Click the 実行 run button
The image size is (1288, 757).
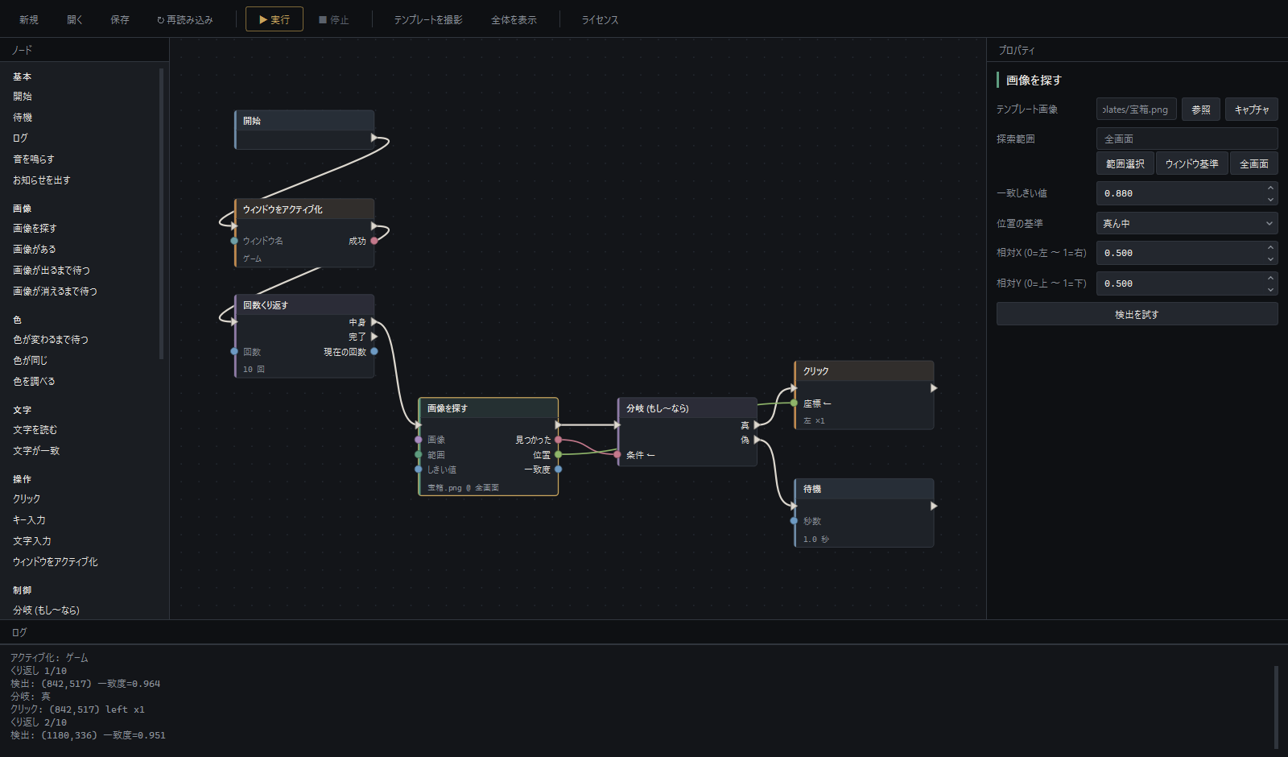[275, 19]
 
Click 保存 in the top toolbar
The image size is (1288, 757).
[120, 19]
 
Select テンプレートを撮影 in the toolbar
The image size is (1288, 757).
[427, 19]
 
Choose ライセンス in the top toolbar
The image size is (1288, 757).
[600, 19]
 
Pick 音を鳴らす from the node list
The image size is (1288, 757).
[34, 159]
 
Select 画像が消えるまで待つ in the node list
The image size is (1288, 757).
[56, 291]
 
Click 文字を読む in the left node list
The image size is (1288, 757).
[35, 430]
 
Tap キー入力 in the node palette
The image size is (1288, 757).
[29, 520]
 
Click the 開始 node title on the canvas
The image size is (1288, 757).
[252, 121]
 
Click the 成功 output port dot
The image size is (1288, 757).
[374, 241]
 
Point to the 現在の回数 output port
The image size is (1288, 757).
[374, 351]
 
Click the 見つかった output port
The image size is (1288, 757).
[559, 440]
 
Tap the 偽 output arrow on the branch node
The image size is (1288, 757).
[758, 440]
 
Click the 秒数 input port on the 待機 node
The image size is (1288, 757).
[794, 521]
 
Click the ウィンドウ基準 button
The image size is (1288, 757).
[1191, 164]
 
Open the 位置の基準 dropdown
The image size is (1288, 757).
[1187, 223]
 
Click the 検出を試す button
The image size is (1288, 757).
[1137, 314]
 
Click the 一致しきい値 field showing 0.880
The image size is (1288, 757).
[1181, 193]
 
